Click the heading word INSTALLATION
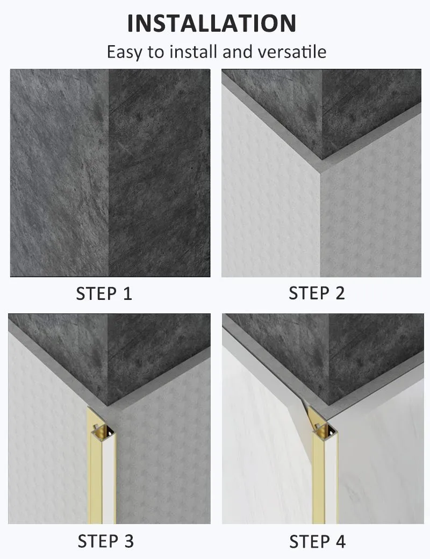click(x=212, y=23)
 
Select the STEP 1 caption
click(x=104, y=294)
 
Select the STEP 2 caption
click(x=317, y=293)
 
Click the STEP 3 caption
click(x=105, y=541)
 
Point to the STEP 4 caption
click(x=317, y=541)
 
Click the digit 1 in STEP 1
click(x=127, y=294)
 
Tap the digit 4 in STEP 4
click(x=340, y=541)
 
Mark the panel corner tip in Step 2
click(x=321, y=171)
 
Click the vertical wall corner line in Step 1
click(x=109, y=172)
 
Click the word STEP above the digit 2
click(x=307, y=293)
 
